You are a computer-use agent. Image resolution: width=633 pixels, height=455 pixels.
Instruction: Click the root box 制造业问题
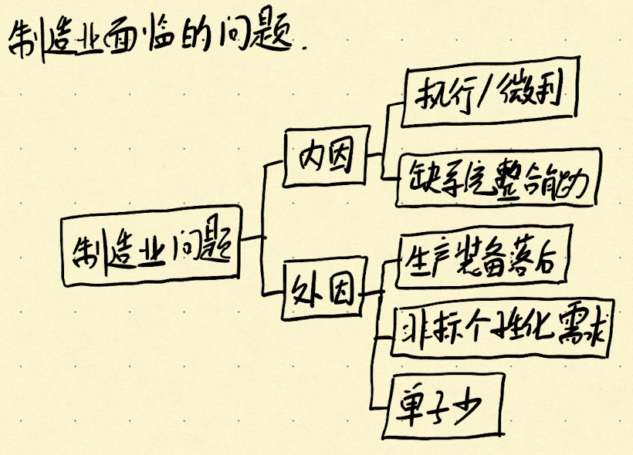click(151, 247)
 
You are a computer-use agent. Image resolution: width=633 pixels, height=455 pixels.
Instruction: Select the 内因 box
click(325, 157)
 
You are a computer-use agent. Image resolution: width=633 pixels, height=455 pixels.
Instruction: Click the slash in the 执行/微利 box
click(489, 96)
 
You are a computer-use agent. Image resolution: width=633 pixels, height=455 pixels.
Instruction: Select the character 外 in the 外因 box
click(306, 291)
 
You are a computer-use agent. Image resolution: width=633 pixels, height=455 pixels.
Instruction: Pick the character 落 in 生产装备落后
click(518, 262)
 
